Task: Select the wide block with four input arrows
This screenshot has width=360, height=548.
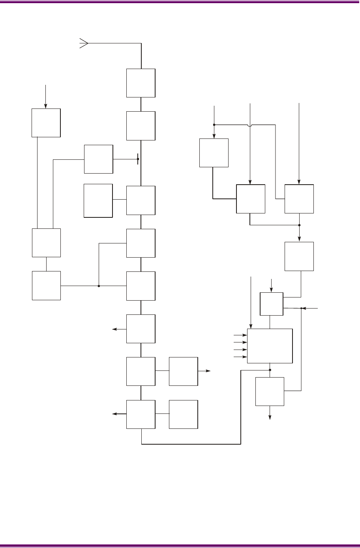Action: point(270,346)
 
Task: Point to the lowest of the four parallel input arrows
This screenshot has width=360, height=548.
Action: point(239,357)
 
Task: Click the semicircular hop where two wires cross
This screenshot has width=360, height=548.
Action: point(249,125)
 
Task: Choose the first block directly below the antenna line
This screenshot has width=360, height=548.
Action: point(141,83)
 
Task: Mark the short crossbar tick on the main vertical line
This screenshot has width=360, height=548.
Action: point(138,159)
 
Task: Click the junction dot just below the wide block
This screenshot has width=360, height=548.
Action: point(270,370)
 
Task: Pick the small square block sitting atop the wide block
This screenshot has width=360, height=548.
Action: point(272,304)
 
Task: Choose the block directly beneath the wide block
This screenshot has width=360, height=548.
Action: point(270,391)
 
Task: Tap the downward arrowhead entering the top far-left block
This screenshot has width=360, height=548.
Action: point(46,105)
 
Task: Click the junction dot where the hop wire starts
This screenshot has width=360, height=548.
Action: point(214,125)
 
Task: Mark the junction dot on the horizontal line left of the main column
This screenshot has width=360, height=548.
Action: point(99,286)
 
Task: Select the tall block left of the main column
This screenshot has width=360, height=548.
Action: point(98,200)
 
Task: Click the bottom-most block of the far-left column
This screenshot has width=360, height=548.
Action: point(46,285)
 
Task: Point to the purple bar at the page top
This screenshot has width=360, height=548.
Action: point(180,2)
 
